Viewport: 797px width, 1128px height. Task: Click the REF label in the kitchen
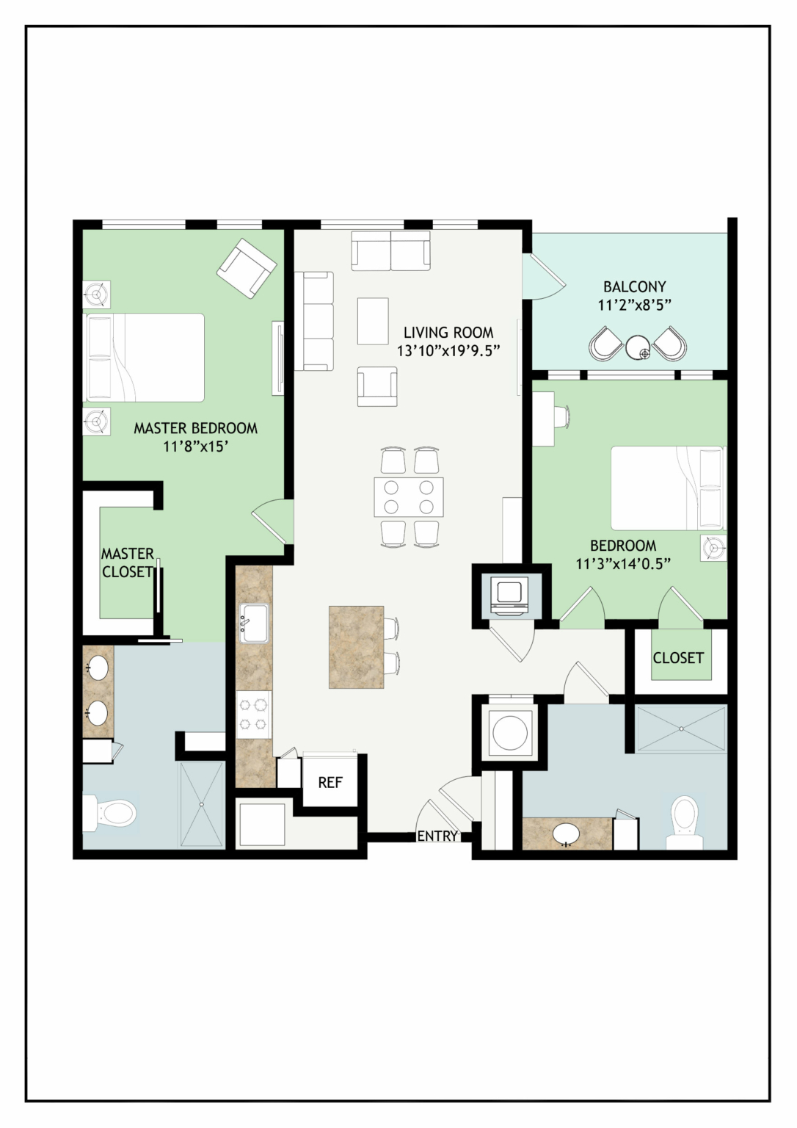(x=330, y=782)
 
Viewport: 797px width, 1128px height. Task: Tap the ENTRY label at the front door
(x=437, y=836)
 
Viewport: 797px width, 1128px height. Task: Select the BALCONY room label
(x=635, y=286)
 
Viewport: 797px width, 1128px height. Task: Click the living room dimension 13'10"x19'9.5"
(x=448, y=350)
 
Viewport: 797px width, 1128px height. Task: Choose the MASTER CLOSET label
(x=127, y=563)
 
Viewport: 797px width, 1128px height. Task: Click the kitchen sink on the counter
(x=254, y=623)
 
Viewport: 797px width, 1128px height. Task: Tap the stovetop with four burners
(x=254, y=715)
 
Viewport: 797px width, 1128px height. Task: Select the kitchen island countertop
(x=356, y=647)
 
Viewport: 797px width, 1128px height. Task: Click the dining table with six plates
(x=409, y=496)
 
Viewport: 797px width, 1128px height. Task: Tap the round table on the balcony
(x=639, y=347)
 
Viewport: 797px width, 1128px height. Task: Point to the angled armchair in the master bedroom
(x=247, y=268)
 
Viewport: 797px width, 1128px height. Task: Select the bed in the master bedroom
(x=145, y=358)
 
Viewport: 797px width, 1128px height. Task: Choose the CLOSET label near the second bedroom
(x=678, y=658)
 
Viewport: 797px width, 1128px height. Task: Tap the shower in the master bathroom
(x=201, y=804)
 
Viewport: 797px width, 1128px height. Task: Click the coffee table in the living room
(x=373, y=321)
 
